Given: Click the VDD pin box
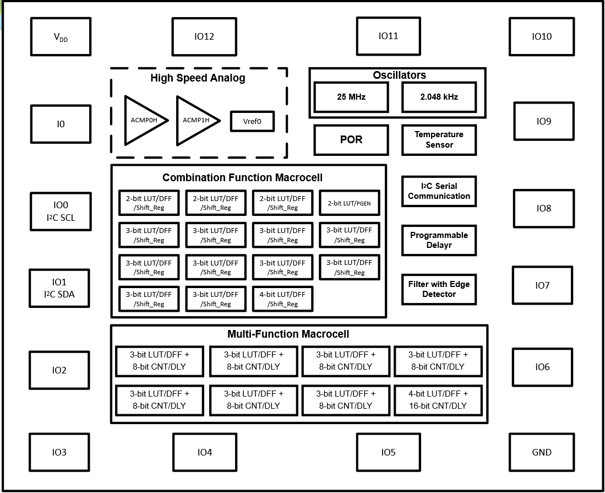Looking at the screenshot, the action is [61, 37].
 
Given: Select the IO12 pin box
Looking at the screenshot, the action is [204, 37].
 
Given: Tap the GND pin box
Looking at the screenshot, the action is [542, 452].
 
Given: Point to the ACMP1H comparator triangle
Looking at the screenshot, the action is [197, 121].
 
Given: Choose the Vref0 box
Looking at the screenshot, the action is [252, 121].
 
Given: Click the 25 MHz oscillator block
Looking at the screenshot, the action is [351, 97].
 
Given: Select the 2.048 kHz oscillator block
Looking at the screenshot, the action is [439, 97].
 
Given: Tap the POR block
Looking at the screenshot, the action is [351, 140].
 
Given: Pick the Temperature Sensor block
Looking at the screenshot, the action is [439, 140].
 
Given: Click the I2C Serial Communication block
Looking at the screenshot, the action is [439, 191].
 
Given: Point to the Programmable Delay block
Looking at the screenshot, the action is [439, 240].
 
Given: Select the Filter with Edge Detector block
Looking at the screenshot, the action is [439, 289].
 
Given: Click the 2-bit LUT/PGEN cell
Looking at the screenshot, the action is [349, 203].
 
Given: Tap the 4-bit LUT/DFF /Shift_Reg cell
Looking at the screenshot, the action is [282, 299].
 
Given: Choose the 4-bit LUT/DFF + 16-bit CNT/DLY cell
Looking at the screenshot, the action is [438, 400].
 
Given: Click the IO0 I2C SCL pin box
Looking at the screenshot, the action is [61, 212].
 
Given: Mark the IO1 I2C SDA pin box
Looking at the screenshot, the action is [59, 288].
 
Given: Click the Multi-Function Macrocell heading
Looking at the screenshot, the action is [288, 334].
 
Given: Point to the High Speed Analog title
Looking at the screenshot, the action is [198, 78].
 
